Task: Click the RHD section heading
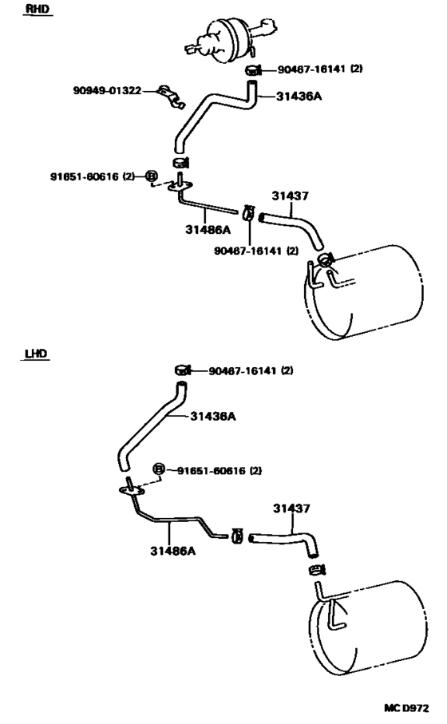point(38,10)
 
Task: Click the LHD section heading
point(36,354)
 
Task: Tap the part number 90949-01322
point(107,90)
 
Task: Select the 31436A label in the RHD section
point(299,96)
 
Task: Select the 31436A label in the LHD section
point(213,416)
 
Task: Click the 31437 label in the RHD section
point(290,196)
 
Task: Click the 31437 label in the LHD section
point(291,508)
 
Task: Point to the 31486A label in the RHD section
point(208,229)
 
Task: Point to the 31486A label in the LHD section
point(172,551)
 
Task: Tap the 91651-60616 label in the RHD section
point(92,176)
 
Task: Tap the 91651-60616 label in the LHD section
point(220,470)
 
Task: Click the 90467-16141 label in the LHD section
point(251,370)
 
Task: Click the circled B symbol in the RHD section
point(151,176)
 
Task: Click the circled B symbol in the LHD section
point(158,469)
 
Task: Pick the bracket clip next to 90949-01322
point(171,97)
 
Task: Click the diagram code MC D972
point(406,708)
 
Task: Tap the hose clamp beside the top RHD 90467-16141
point(252,70)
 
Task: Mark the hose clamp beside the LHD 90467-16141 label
point(183,370)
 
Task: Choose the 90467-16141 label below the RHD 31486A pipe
point(255,251)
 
